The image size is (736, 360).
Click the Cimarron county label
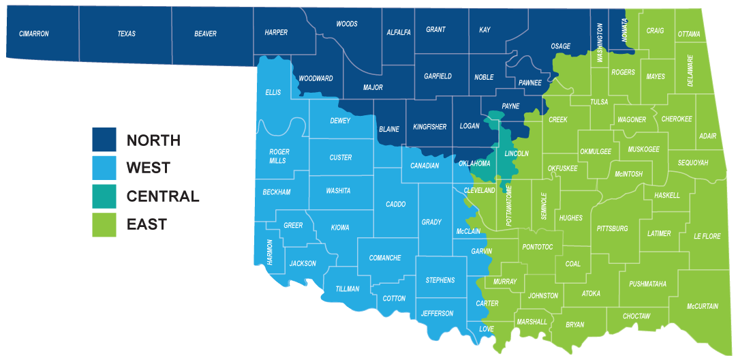click(34, 33)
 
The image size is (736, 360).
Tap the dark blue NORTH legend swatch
click(104, 140)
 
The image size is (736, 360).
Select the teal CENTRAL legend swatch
click(104, 196)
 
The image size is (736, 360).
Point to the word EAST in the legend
click(147, 224)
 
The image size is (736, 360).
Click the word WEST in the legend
click(149, 168)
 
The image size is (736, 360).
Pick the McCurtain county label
click(703, 306)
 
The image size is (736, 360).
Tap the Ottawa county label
click(689, 34)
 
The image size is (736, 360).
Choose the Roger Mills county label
click(279, 156)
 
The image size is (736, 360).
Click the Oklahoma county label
click(475, 164)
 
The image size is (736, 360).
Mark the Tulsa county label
click(599, 102)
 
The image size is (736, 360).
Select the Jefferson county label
click(438, 314)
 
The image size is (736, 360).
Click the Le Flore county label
click(707, 236)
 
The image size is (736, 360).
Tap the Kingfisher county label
click(430, 127)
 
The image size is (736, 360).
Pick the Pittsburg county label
click(612, 228)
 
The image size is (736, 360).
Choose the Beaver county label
click(205, 33)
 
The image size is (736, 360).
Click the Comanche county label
click(385, 258)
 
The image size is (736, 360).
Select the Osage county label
click(560, 46)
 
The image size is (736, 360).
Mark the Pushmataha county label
click(647, 284)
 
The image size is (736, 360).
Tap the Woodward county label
click(316, 78)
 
